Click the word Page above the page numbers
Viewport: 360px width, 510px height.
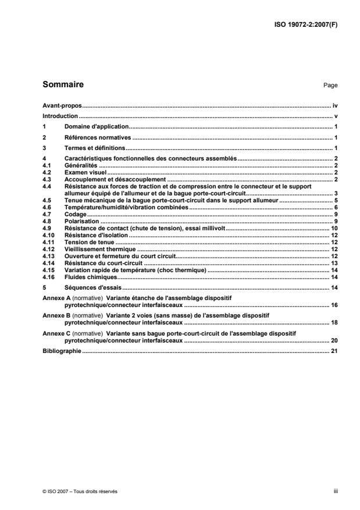(330, 85)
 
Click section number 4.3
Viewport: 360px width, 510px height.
(48, 180)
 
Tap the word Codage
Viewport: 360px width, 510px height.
(76, 215)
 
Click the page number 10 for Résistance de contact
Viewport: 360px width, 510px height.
(334, 229)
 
